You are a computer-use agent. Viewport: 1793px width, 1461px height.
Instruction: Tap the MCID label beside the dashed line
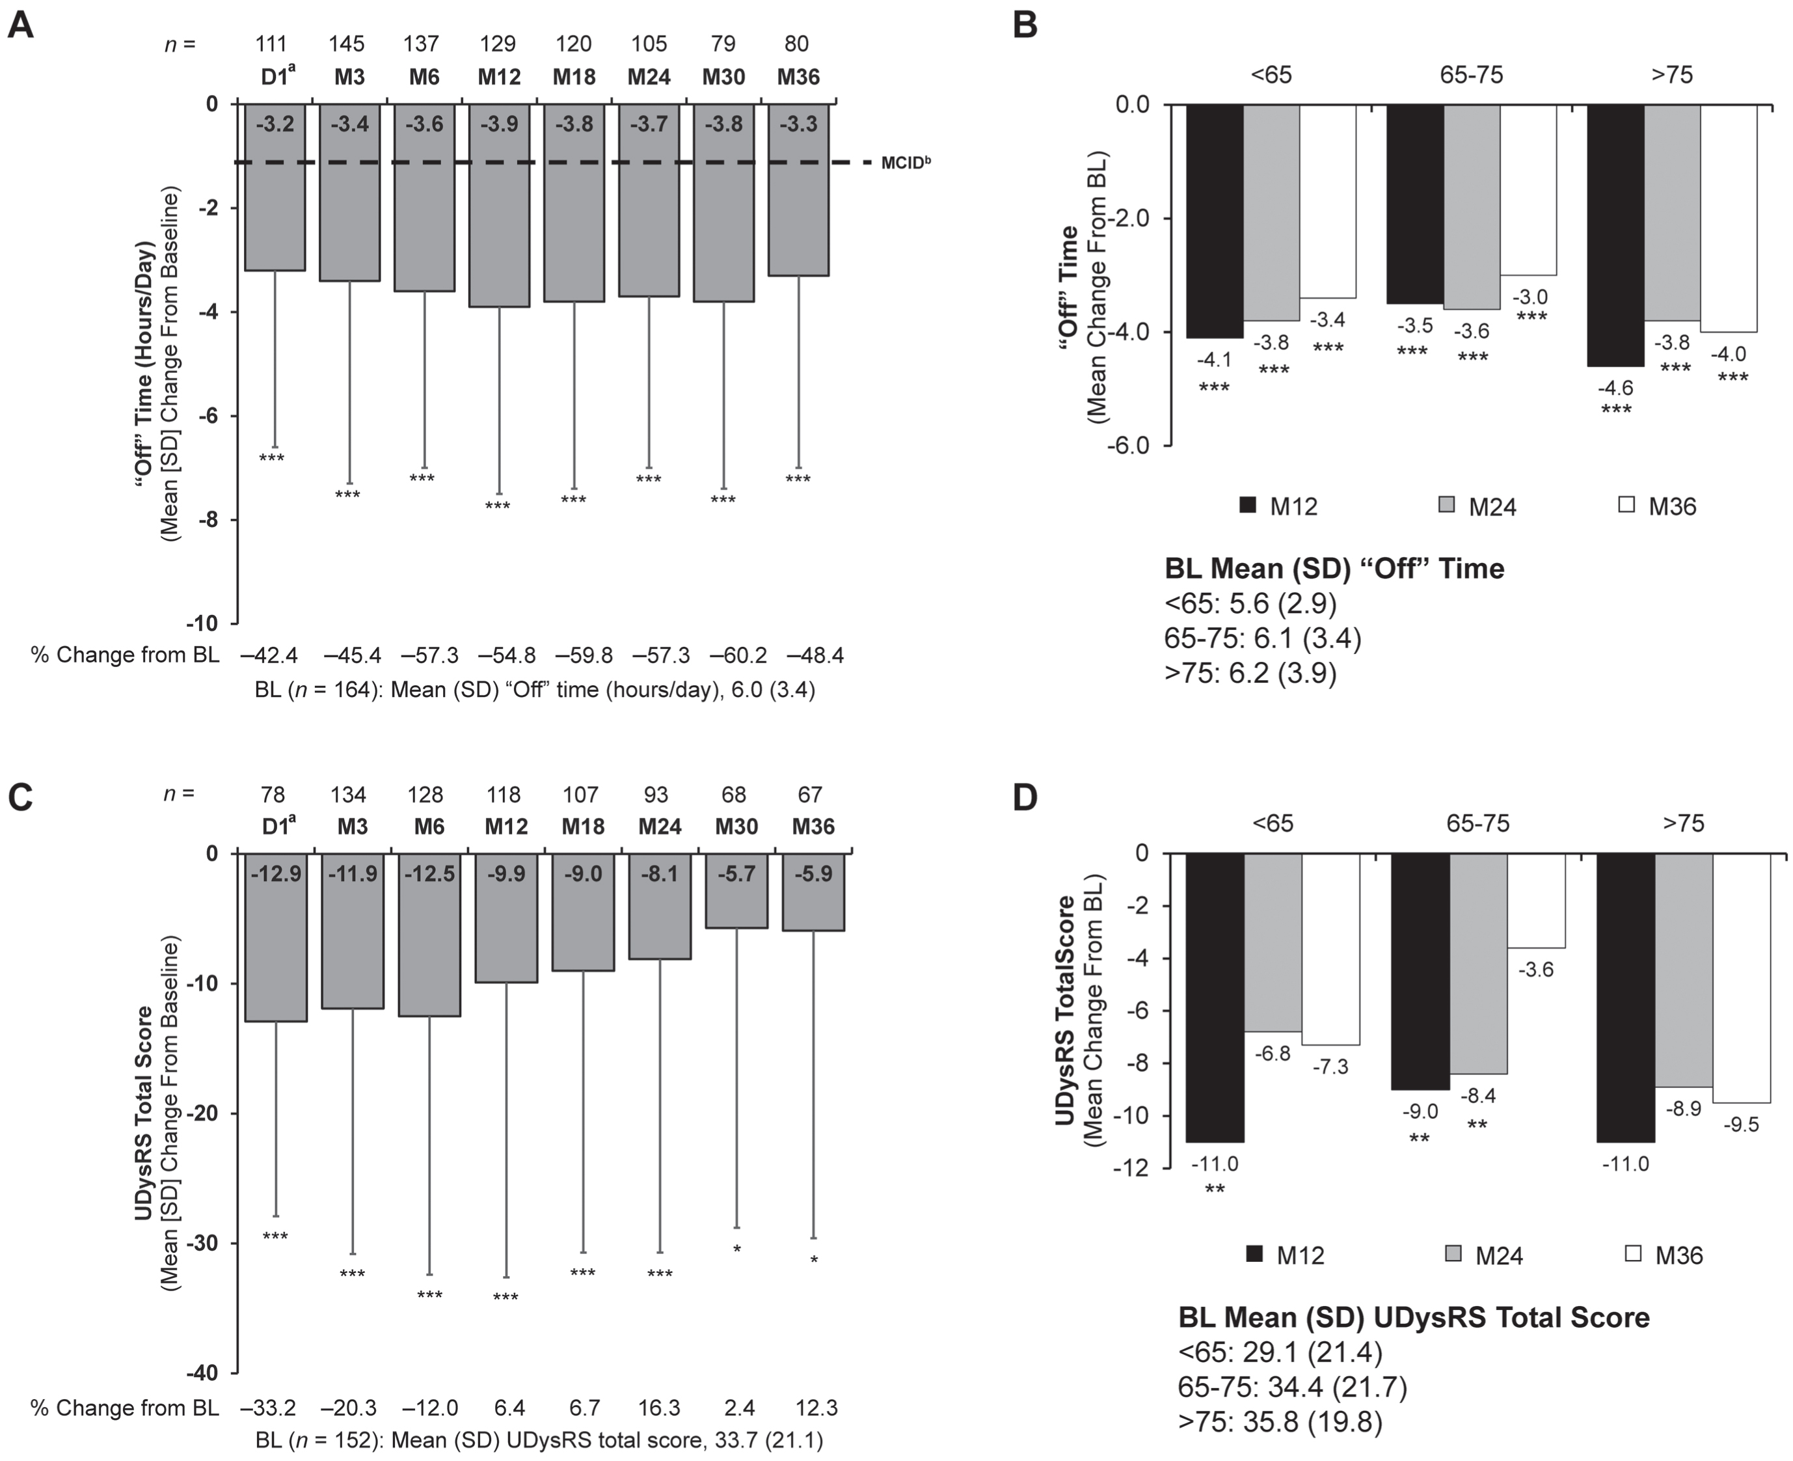(906, 163)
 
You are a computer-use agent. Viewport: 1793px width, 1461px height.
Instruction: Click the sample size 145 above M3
(349, 44)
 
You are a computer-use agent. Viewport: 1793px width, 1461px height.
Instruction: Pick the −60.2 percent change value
(737, 655)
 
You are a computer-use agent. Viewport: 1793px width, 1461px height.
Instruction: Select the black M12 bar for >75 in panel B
(1615, 235)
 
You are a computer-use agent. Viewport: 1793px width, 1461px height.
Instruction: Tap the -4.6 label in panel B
(1615, 388)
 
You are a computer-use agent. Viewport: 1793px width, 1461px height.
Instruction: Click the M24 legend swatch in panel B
(1447, 505)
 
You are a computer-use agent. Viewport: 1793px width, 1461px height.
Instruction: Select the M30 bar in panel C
(737, 890)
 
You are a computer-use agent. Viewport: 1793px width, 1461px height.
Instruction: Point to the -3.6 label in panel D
(1537, 970)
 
